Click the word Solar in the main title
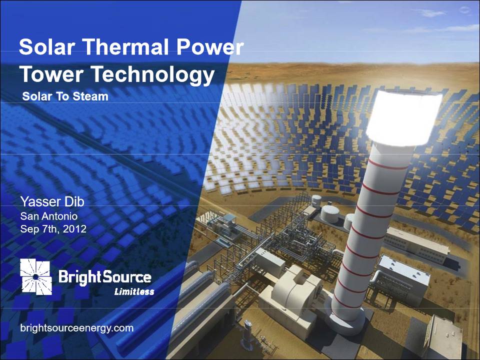47,46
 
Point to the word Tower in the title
51,74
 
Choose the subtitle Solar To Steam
65,96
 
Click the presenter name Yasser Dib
52,201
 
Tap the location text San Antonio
49,216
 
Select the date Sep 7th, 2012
53,229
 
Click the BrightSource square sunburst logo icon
36,276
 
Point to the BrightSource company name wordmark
104,277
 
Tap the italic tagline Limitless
134,291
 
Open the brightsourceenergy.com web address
77,328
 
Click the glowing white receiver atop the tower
404,118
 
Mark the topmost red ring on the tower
388,164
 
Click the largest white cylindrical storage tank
329,213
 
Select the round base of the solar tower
346,320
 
